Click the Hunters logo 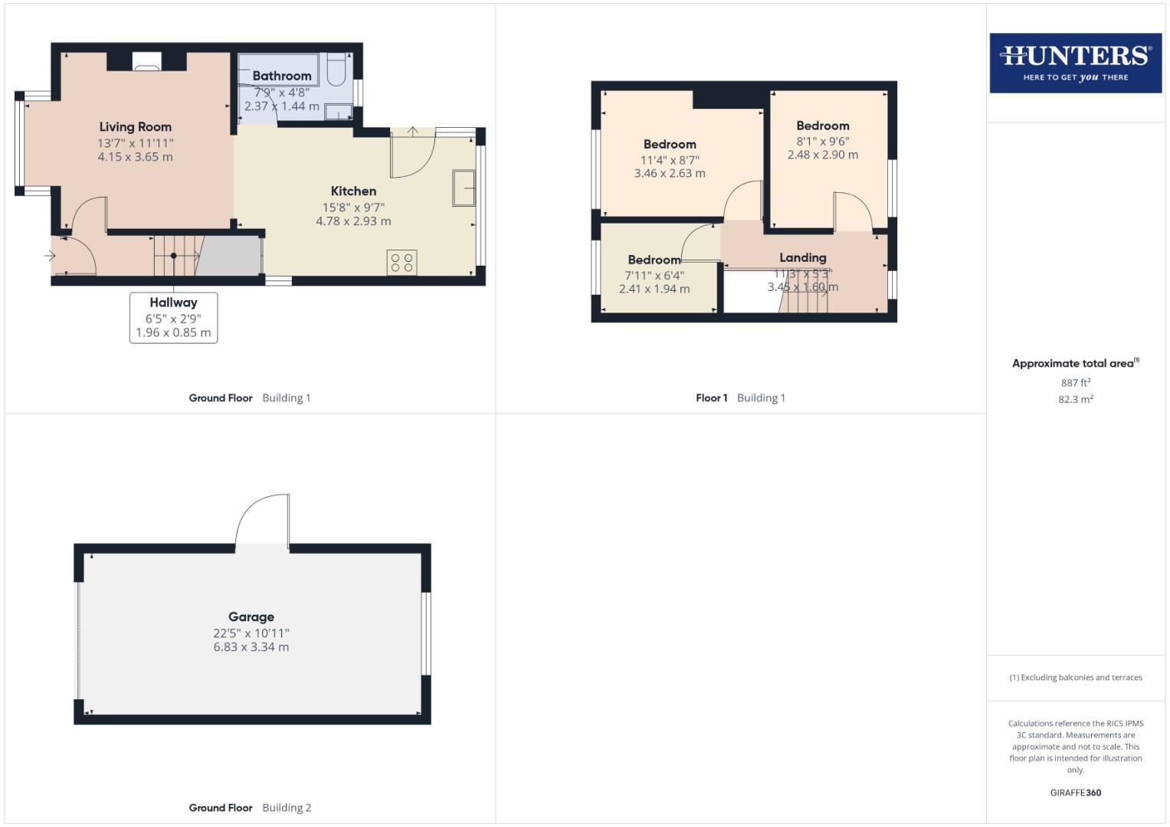[1075, 63]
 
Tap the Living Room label [135, 127]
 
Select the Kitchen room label [353, 191]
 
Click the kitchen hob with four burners [401, 263]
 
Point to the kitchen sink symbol [464, 188]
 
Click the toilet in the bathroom [337, 69]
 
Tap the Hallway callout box [173, 317]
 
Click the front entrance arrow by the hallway [51, 256]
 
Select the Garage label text [251, 617]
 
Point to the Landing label [802, 258]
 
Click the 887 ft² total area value [1075, 383]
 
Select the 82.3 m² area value [1075, 400]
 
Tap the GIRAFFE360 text [1075, 793]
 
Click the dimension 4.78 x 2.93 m [353, 221]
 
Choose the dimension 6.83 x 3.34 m [251, 647]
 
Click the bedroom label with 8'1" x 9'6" [822, 126]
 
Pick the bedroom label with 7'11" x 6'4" [654, 260]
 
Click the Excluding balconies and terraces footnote [1075, 678]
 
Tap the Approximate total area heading [1073, 364]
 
